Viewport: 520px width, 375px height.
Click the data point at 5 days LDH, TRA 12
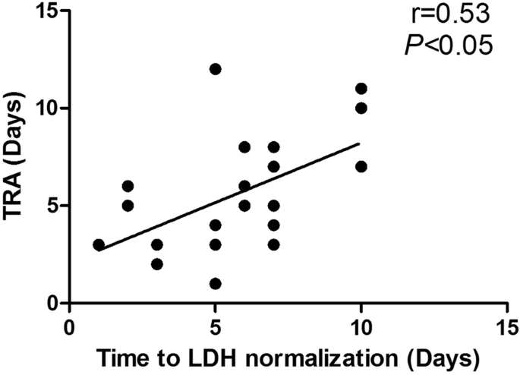pyautogui.click(x=215, y=69)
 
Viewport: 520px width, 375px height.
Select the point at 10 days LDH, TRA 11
pyautogui.click(x=361, y=89)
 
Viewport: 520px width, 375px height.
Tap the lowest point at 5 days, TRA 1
pyautogui.click(x=215, y=283)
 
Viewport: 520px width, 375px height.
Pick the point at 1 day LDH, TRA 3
pyautogui.click(x=99, y=244)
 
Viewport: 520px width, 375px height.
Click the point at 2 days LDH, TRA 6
pyautogui.click(x=128, y=186)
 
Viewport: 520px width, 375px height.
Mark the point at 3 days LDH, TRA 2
pyautogui.click(x=157, y=264)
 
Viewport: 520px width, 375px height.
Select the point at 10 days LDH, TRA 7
pyautogui.click(x=361, y=166)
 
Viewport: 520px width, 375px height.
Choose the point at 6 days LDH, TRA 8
pyautogui.click(x=244, y=147)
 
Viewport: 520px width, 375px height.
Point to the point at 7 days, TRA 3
pyautogui.click(x=273, y=244)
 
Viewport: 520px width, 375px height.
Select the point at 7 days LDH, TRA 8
pyautogui.click(x=273, y=147)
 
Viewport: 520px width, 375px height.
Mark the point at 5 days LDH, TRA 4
pyautogui.click(x=215, y=225)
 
